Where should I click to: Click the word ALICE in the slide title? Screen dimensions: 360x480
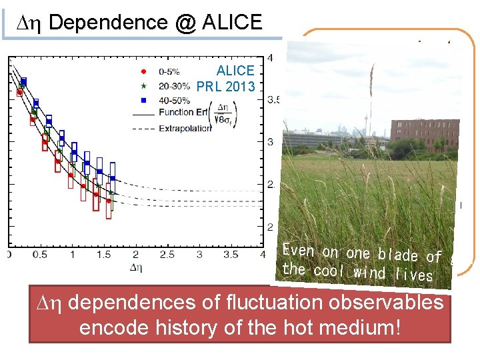coord(229,22)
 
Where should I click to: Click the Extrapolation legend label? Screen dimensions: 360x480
coord(185,127)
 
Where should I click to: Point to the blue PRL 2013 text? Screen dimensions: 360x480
coord(225,86)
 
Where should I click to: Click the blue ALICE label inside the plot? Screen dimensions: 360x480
coord(235,71)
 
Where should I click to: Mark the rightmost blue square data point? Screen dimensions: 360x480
coord(113,178)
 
